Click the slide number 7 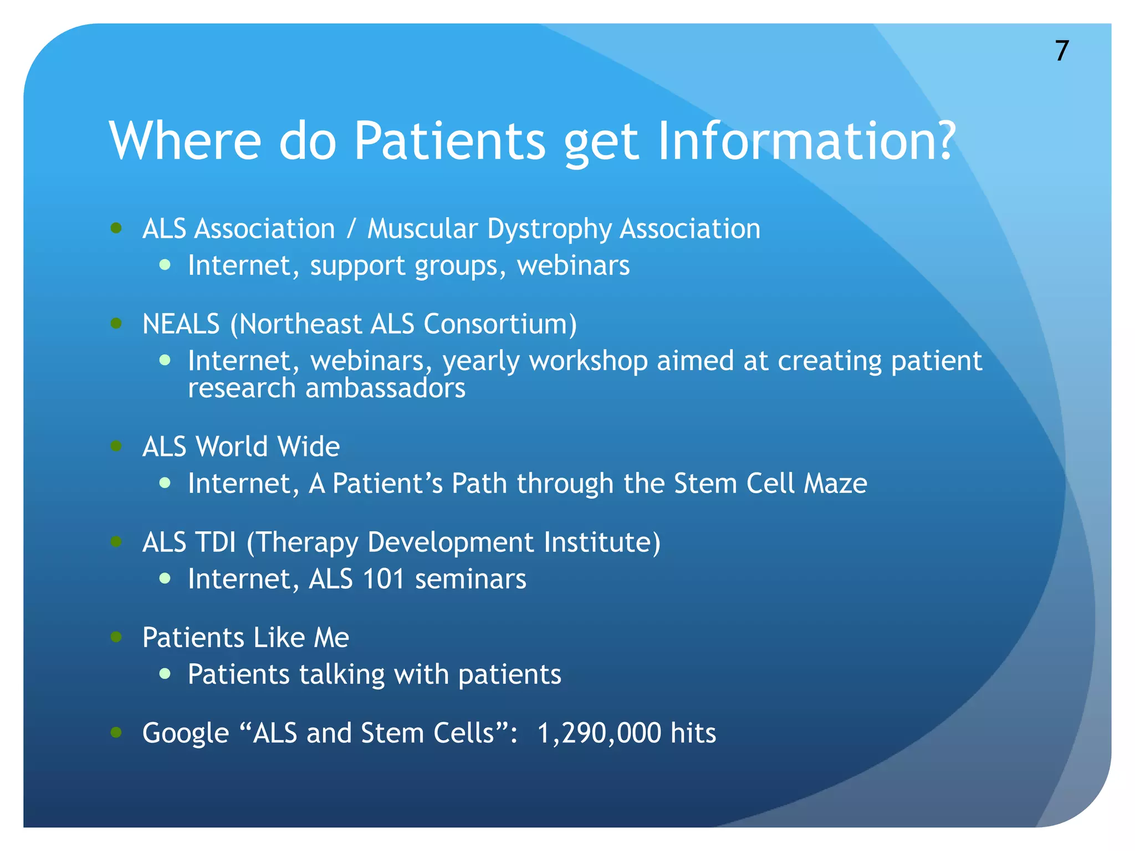coord(1061,51)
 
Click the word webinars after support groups coord(573,265)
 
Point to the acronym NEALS coord(181,324)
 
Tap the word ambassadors coord(385,388)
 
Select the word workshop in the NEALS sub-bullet coord(588,361)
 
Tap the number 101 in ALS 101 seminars coord(383,579)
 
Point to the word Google coord(186,734)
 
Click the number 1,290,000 coord(599,734)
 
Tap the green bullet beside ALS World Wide coord(116,446)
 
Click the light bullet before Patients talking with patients coord(165,674)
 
